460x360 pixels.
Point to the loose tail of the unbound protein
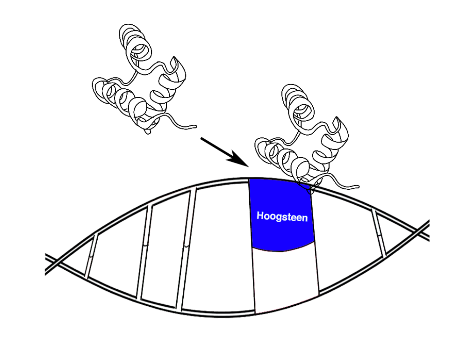click(185, 125)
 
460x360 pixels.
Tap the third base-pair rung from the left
click(187, 248)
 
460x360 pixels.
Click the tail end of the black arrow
click(202, 138)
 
